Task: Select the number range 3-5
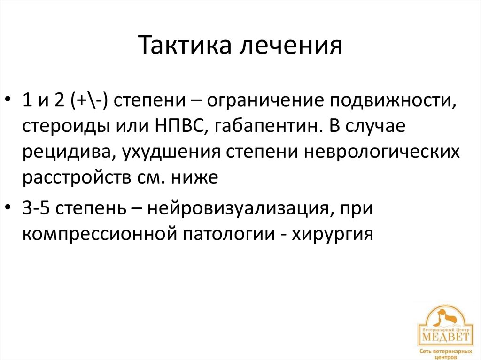coord(36,207)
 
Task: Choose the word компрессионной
coord(96,233)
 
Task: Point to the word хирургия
coord(333,233)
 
